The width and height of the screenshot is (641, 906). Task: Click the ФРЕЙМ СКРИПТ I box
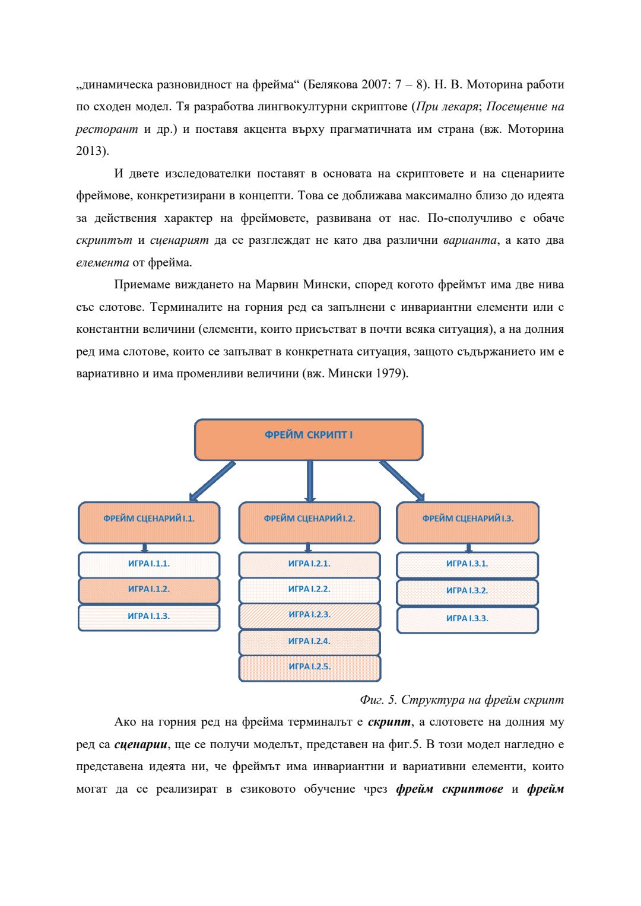[309, 440]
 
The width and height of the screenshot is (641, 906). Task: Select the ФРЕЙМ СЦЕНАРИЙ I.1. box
[149, 522]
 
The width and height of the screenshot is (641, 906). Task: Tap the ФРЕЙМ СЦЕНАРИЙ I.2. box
[309, 522]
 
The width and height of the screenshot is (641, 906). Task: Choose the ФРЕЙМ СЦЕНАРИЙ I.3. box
[468, 522]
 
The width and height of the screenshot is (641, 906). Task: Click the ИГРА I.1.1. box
[149, 564]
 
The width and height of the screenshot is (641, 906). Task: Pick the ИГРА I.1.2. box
[149, 590]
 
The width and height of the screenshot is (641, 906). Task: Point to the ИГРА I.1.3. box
[149, 617]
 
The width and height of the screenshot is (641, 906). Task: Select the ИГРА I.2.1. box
[309, 564]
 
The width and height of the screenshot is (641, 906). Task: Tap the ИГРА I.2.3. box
[309, 615]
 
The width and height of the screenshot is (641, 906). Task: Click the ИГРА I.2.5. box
[309, 667]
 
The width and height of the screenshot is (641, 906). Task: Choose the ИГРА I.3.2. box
[467, 592]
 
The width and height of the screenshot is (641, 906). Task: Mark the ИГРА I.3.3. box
[467, 619]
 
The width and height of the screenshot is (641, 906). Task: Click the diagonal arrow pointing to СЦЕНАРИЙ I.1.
[212, 481]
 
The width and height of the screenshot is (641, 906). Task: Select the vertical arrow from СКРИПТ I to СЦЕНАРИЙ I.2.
[310, 481]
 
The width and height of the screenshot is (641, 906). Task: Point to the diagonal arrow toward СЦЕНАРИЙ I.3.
[402, 481]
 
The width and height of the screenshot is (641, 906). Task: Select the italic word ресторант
[107, 129]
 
